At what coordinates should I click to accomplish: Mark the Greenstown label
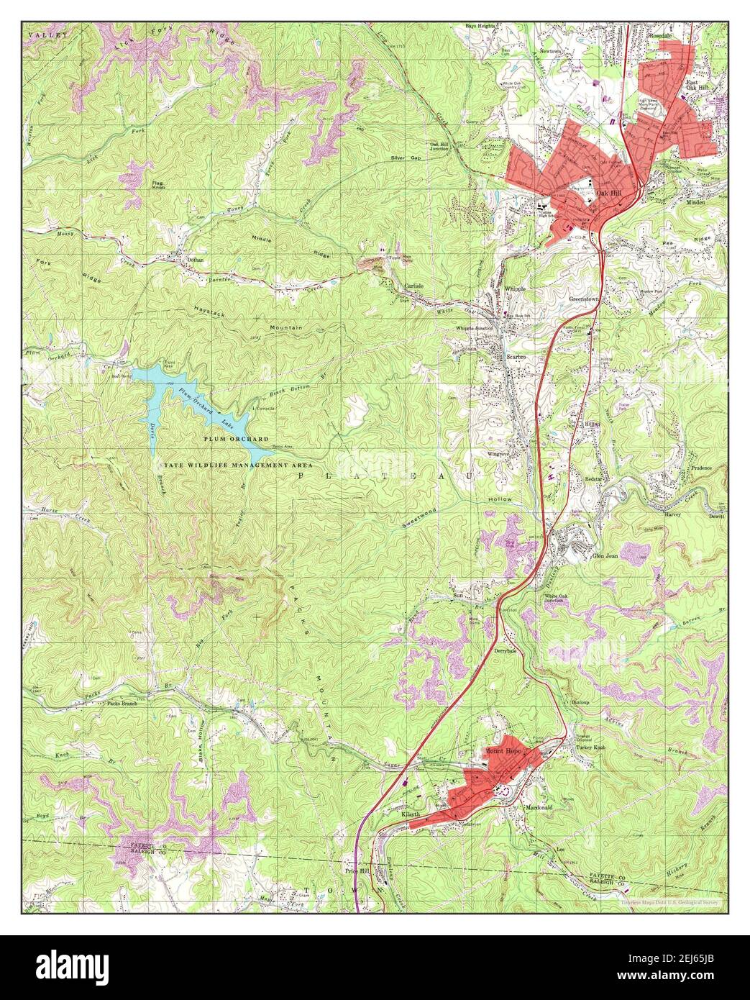click(585, 298)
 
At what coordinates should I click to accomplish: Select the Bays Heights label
click(480, 26)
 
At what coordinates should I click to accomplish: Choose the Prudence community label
click(701, 468)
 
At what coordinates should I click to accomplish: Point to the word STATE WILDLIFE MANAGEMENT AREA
click(222, 465)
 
